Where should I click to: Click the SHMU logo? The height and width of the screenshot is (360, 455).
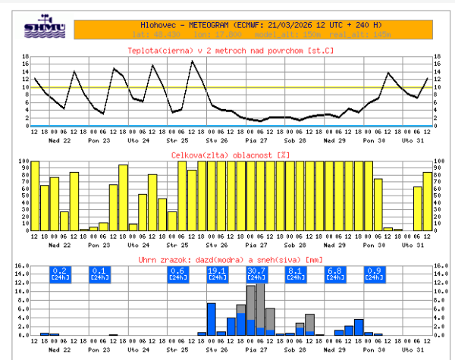[x=45, y=26]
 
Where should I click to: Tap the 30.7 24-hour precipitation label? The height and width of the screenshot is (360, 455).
[x=257, y=274]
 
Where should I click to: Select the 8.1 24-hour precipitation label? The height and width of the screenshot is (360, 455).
[x=296, y=274]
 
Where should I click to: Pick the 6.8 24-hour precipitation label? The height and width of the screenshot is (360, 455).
[x=335, y=274]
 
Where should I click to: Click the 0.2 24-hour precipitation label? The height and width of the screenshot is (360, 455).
[x=61, y=274]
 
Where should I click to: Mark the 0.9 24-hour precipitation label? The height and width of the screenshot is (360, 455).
[x=375, y=274]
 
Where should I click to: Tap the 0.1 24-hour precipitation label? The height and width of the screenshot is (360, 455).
[x=99, y=274]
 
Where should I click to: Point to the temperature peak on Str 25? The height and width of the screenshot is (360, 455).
[x=192, y=61]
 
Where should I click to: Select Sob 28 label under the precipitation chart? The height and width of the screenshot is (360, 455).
[x=296, y=352]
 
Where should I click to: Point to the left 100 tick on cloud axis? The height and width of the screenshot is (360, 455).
[x=24, y=161]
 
